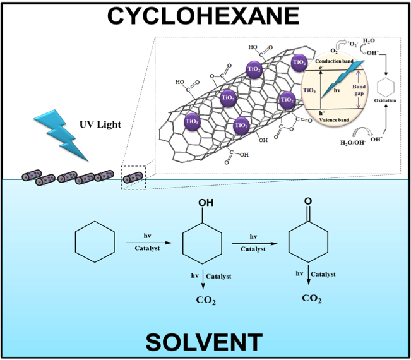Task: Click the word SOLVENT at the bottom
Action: [x=203, y=342]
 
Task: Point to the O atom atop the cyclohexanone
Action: [x=307, y=201]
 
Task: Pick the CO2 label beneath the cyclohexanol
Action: [x=205, y=300]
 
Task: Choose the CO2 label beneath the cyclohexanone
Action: [x=311, y=298]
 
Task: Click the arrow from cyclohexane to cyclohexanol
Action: [x=147, y=242]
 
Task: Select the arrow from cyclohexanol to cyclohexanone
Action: [x=253, y=242]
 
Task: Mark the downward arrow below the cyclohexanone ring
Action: [x=309, y=277]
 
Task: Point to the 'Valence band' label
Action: [x=336, y=118]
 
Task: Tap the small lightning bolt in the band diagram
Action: [x=342, y=82]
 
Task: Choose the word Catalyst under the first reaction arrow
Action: [x=147, y=248]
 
